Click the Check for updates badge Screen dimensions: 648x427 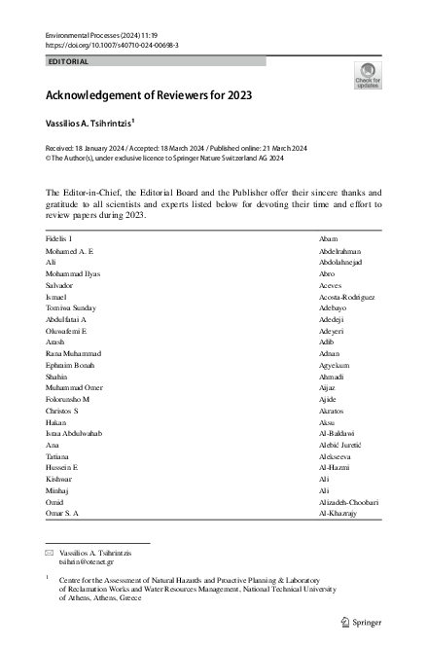tap(369, 75)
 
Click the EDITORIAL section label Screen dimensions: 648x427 tap(68, 61)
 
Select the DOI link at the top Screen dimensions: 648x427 tap(112, 45)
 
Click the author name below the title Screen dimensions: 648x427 tap(94, 126)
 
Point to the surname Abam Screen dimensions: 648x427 tap(328, 238)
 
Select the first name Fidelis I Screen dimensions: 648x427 tap(59, 238)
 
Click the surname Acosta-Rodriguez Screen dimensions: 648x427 tap(347, 297)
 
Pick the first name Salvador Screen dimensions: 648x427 tap(61, 285)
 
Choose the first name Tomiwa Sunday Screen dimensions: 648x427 tap(72, 308)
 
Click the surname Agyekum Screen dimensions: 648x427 tap(336, 367)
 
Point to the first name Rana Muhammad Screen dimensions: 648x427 tap(73, 354)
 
